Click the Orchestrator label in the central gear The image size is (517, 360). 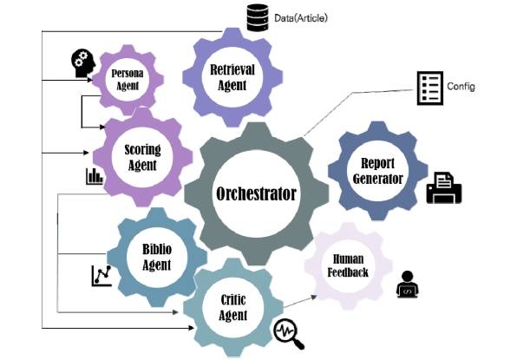point(256,193)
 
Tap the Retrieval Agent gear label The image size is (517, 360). point(232,77)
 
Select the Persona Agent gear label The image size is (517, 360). point(128,80)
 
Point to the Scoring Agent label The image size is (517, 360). point(142,158)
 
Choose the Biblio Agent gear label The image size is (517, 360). point(157,257)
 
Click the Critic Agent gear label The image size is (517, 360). point(233,307)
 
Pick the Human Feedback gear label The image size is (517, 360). point(348,265)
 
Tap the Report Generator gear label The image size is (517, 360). point(378,171)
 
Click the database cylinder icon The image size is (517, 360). point(258,17)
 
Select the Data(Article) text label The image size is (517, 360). point(301,18)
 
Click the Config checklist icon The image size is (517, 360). point(430,88)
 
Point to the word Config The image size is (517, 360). point(461,87)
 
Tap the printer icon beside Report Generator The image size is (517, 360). point(444,187)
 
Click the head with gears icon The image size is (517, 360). point(83,63)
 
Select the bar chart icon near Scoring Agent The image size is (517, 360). point(95,176)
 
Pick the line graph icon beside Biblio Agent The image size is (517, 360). point(101,276)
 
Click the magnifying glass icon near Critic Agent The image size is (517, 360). point(289,334)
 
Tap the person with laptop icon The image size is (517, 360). point(408,285)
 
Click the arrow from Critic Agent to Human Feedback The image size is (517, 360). point(300,302)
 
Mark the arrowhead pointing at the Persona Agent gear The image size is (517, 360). point(90,80)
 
